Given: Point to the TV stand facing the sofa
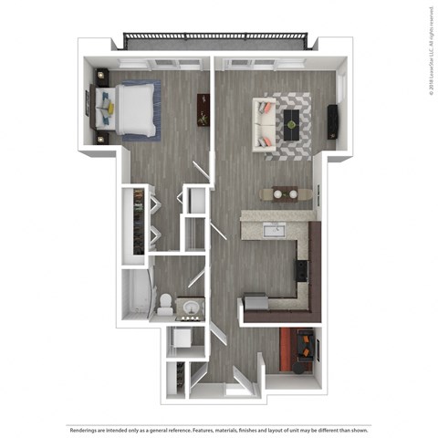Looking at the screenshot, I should click(x=332, y=120).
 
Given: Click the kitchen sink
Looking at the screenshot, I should click(x=272, y=228).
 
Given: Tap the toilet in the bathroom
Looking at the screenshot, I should click(x=163, y=302).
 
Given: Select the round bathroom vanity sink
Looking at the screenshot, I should click(x=190, y=308).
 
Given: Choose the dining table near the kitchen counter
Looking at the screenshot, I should click(x=278, y=193).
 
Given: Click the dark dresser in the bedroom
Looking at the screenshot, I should click(x=203, y=109).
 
